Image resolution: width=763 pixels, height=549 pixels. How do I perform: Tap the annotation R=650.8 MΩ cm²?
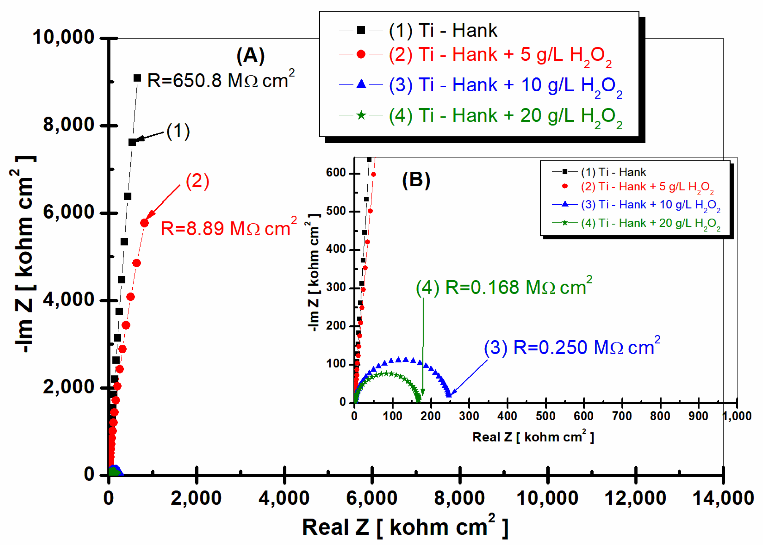(x=221, y=80)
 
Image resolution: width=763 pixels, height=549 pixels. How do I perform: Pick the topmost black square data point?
(x=137, y=78)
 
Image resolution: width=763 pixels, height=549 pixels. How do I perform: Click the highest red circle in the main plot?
(x=144, y=223)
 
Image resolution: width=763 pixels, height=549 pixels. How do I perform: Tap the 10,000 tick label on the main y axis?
(x=63, y=37)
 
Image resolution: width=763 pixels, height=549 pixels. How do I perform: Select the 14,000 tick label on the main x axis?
(x=723, y=498)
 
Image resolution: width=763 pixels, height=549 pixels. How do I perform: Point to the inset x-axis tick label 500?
(x=545, y=416)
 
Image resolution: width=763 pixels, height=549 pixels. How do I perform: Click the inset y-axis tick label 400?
(x=336, y=249)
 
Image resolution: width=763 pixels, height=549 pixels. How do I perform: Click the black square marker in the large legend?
(x=361, y=30)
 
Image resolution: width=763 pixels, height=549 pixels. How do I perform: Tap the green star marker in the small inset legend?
(x=565, y=222)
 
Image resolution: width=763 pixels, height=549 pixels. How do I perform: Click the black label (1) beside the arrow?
(x=178, y=131)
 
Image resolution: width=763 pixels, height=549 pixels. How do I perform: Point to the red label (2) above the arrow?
(x=197, y=181)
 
